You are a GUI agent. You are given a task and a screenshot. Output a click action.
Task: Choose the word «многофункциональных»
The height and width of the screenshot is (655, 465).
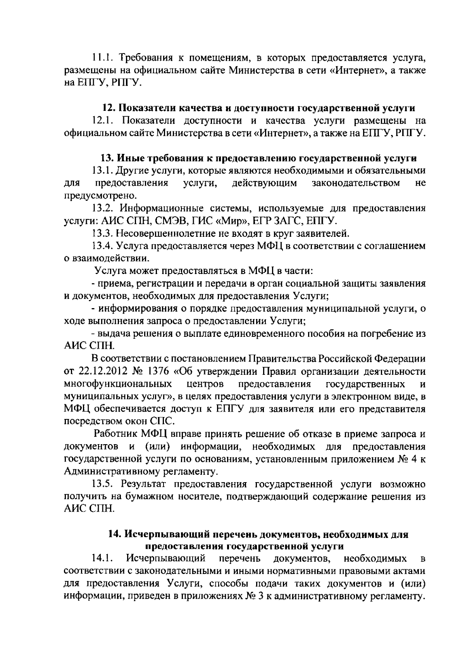pos(118,384)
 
